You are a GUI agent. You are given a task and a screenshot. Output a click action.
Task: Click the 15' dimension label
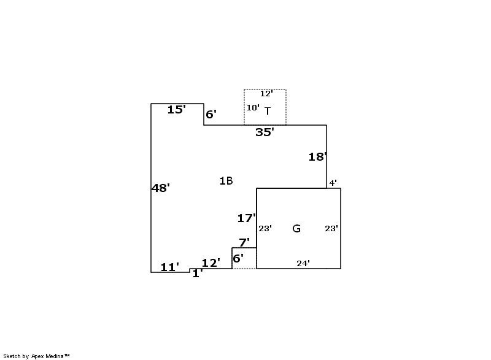pyautogui.click(x=177, y=110)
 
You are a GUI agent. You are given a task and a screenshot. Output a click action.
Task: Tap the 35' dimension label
pyautogui.click(x=265, y=132)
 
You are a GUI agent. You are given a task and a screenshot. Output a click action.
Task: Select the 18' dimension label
pyautogui.click(x=318, y=157)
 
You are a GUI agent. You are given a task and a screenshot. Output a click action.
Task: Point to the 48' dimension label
pyautogui.click(x=161, y=188)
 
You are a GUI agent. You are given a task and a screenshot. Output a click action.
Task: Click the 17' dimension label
pyautogui.click(x=247, y=218)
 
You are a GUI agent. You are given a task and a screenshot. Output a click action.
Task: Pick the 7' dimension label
pyautogui.click(x=244, y=242)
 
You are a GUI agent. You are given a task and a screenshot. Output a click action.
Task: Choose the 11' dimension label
pyautogui.click(x=170, y=267)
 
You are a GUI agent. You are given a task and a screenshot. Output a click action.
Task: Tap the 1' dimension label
pyautogui.click(x=198, y=274)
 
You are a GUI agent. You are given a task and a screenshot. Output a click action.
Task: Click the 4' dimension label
pyautogui.click(x=333, y=183)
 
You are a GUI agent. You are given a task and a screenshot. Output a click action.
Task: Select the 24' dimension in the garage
pyautogui.click(x=303, y=263)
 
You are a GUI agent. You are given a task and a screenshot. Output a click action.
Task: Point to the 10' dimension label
pyautogui.click(x=253, y=107)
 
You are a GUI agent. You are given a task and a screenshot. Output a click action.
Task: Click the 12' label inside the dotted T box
pyautogui.click(x=266, y=93)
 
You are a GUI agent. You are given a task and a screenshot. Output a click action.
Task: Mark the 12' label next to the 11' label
pyautogui.click(x=211, y=262)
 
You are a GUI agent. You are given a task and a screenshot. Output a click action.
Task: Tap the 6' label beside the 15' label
pyautogui.click(x=211, y=115)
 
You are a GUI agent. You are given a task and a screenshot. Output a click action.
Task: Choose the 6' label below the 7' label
pyautogui.click(x=238, y=259)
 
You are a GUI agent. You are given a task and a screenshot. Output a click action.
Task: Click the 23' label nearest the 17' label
pyautogui.click(x=265, y=229)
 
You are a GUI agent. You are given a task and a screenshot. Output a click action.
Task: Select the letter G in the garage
pyautogui.click(x=296, y=228)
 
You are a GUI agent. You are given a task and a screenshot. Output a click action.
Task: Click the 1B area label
pyautogui.click(x=226, y=181)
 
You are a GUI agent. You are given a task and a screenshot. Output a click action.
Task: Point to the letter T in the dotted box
pyautogui.click(x=268, y=111)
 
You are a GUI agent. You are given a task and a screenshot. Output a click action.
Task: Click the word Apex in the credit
pyautogui.click(x=38, y=356)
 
